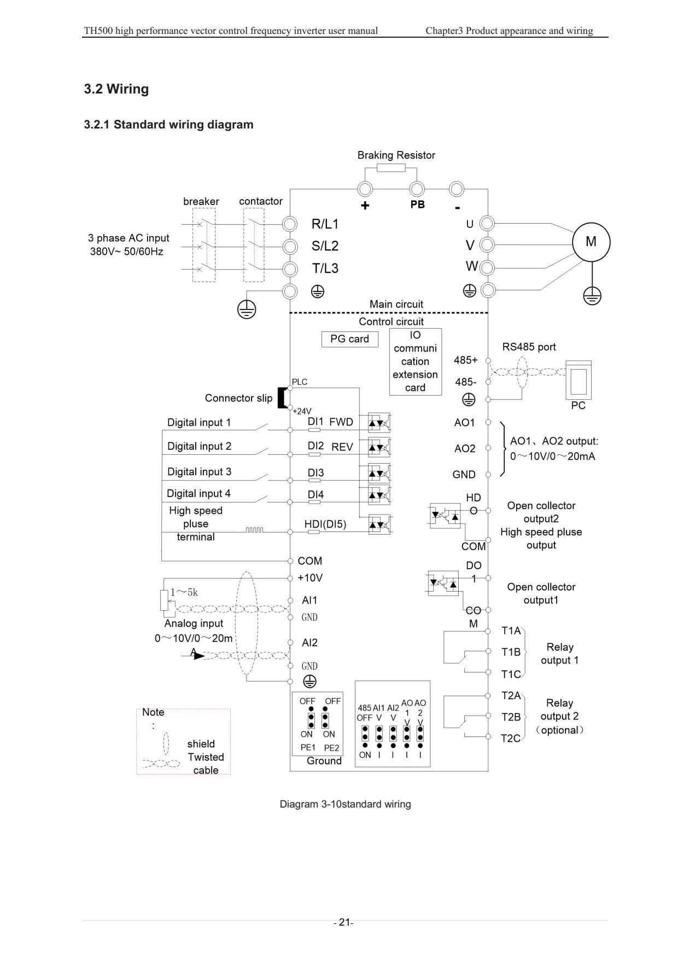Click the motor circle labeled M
pos(591,242)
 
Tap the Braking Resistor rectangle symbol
pos(391,167)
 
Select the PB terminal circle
pos(417,189)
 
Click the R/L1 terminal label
pos(325,224)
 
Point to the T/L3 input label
pos(325,268)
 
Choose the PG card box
pos(349,339)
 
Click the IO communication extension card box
pos(416,361)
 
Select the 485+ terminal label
pos(466,360)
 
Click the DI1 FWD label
pos(330,422)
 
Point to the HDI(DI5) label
pos(325,524)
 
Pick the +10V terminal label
pos(310,578)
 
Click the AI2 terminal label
pos(309,642)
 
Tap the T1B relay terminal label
pos(511,652)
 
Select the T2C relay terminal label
pos(511,738)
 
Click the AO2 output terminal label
pos(465,448)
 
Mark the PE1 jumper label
pos(308,747)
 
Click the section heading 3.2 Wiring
pos(116,89)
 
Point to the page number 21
pos(344,922)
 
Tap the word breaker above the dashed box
pos(201,201)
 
